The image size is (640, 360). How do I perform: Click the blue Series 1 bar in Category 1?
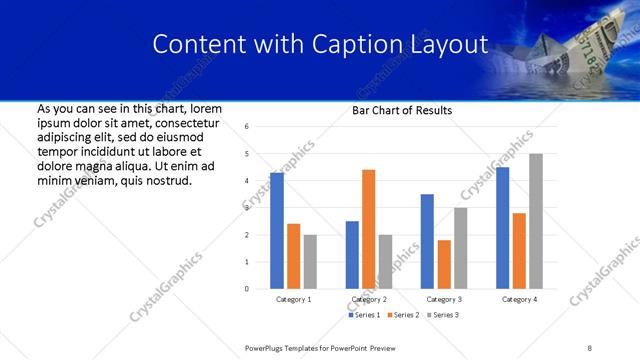pos(277,231)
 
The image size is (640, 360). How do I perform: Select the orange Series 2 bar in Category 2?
pos(368,229)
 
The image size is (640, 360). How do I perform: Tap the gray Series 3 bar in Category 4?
pos(536,221)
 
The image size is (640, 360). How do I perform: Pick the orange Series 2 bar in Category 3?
pos(444,264)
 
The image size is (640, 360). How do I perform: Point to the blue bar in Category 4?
pos(502,228)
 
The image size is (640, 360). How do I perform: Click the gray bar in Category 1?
pos(310,262)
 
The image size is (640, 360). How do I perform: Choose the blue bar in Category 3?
pos(427,241)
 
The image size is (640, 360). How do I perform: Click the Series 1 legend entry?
pos(364,315)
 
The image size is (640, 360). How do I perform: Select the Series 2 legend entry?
pos(402,315)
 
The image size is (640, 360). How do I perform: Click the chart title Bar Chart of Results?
pos(402,110)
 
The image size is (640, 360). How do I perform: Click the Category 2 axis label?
pos(370,299)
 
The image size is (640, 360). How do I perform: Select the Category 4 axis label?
pos(520,299)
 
